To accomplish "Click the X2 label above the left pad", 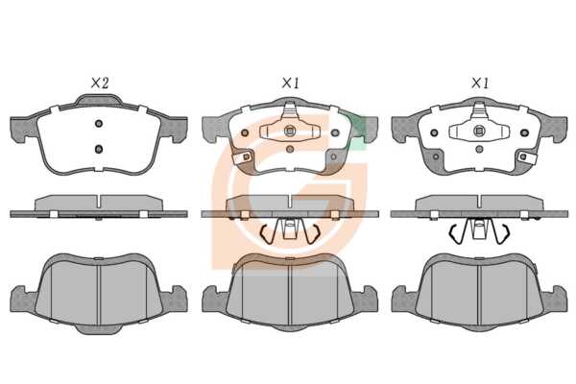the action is point(100,84).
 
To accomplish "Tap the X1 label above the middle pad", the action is point(291,84).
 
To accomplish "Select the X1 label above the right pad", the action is point(480,84).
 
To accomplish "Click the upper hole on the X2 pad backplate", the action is point(99,124).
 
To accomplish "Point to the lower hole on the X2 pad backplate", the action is point(99,149).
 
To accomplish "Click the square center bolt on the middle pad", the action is point(290,131).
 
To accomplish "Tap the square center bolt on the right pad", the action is point(479,131).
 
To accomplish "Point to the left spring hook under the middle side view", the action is point(267,234).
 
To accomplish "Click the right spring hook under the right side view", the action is point(503,233).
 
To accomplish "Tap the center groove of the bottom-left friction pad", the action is point(99,294).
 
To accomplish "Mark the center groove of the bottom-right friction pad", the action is point(479,294).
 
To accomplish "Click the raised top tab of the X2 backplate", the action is point(99,100).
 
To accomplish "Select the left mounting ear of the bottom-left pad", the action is point(22,300).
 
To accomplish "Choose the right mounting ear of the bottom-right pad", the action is point(555,299).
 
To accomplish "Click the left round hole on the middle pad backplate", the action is point(245,132).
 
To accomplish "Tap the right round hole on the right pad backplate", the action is point(524,132).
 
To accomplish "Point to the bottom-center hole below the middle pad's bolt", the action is point(290,149).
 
